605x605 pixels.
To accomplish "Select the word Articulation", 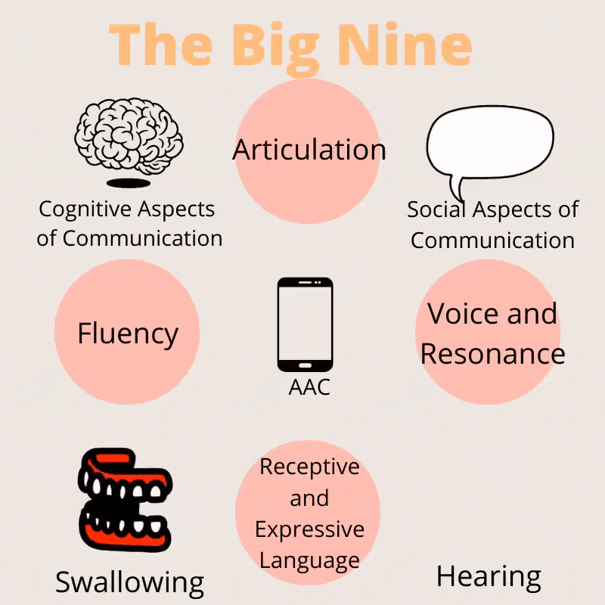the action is click(309, 149).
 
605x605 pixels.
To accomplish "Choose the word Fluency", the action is click(127, 334).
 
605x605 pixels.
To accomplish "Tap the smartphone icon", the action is click(305, 324).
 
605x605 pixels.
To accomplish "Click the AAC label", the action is click(309, 387).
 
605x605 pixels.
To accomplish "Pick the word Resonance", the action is click(492, 354).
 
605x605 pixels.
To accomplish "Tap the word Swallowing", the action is click(129, 582).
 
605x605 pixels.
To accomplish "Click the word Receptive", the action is click(309, 467).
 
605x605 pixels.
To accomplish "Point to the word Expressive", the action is click(309, 529).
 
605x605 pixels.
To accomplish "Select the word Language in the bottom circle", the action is click(309, 560).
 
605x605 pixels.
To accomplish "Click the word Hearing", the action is click(489, 577).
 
